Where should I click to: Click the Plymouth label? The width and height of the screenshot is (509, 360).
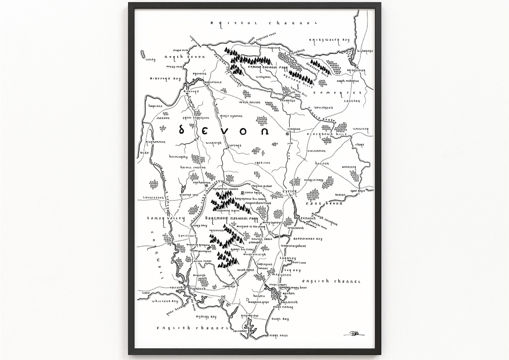(198, 289)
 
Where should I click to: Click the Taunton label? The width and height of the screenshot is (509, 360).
(352, 101)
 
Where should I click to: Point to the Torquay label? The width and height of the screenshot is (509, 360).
(288, 258)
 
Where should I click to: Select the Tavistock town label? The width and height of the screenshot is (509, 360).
(187, 236)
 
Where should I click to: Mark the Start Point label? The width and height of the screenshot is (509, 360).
(278, 336)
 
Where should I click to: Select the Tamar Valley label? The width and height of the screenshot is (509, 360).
(166, 219)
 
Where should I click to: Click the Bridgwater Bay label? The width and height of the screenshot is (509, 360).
(329, 40)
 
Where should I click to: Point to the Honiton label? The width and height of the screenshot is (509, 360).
(322, 163)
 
